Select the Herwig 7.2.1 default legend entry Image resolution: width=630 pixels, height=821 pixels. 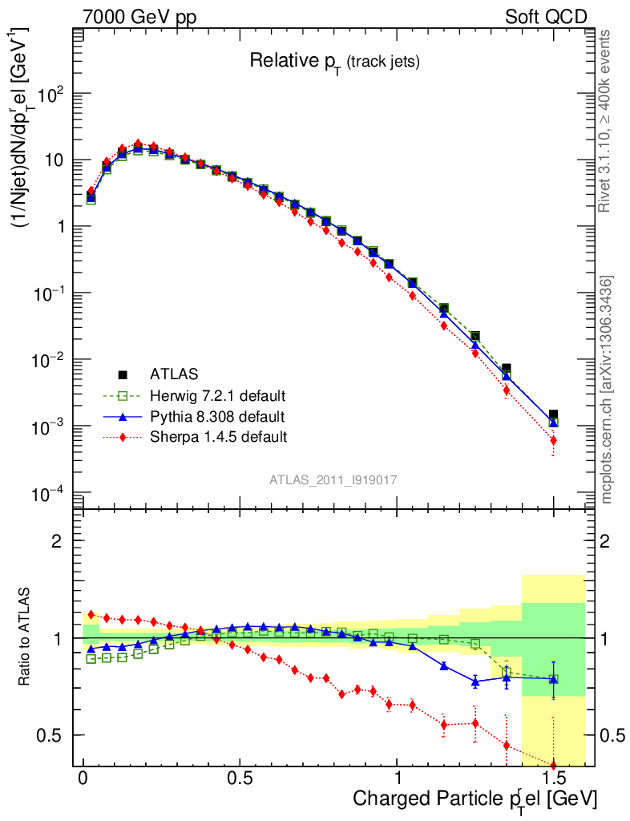tap(217, 395)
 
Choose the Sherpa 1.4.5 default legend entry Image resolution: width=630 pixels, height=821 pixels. tap(218, 437)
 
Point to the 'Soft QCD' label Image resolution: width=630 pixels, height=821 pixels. tap(546, 17)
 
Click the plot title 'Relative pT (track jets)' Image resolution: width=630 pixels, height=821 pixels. tap(334, 61)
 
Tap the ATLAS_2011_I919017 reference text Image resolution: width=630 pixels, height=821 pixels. tap(333, 479)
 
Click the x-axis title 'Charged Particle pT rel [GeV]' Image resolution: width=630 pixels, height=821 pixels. tap(475, 799)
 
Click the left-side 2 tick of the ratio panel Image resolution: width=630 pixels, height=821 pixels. tap(57, 540)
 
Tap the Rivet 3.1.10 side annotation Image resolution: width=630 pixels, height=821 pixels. tap(605, 120)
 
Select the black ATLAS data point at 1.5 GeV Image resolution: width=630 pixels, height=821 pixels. tap(553, 415)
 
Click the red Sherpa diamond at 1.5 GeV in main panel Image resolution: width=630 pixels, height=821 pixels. tap(553, 440)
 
